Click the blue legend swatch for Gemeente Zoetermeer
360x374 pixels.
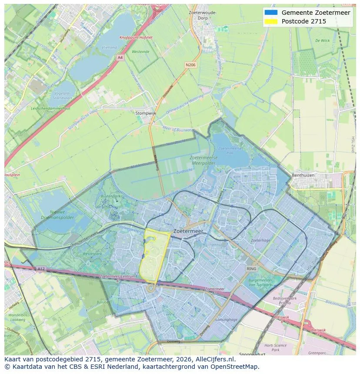270,13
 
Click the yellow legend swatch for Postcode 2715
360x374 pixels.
270,21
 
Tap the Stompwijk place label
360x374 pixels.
145,113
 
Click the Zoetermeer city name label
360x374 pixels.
188,232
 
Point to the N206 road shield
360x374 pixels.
190,65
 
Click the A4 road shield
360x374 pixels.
120,57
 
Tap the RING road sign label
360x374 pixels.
252,269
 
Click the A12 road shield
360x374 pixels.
40,269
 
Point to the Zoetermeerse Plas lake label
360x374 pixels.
227,150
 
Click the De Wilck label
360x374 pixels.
322,40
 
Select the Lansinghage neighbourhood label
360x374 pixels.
226,320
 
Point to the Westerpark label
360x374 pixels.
92,253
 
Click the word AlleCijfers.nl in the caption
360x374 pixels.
215,360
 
